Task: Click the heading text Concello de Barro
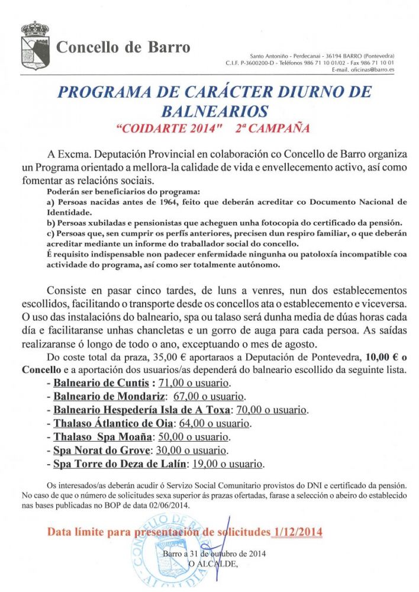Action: tap(123, 47)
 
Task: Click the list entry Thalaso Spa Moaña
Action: tap(103, 437)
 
